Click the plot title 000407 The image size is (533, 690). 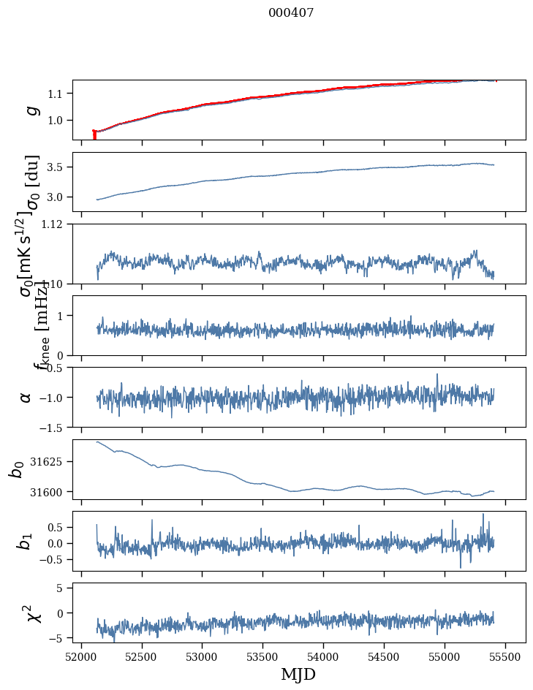(x=291, y=13)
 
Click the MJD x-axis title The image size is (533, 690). (x=298, y=675)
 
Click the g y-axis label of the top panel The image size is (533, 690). (x=31, y=110)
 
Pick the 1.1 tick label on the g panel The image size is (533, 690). (x=56, y=94)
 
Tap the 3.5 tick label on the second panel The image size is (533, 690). (x=56, y=167)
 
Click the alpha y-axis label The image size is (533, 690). (x=26, y=396)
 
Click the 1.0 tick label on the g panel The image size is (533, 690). (x=56, y=120)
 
